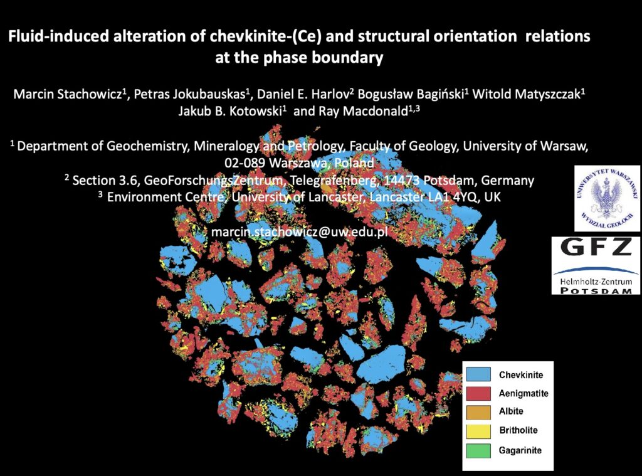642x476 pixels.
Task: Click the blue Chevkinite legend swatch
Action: click(478, 374)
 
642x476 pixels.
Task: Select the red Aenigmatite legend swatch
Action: click(478, 393)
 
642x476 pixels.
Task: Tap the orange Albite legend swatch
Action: click(478, 412)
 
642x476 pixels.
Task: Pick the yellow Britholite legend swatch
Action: click(478, 431)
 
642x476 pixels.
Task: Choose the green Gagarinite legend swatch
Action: click(478, 450)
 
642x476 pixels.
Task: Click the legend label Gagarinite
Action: click(520, 451)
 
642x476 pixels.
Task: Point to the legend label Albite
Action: click(511, 411)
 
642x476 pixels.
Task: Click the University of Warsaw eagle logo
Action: click(607, 198)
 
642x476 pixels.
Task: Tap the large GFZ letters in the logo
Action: click(596, 247)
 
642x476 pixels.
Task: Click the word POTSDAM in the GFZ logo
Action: click(596, 290)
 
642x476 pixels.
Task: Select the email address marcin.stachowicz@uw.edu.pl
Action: click(299, 232)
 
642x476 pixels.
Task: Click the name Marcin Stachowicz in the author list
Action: click(68, 94)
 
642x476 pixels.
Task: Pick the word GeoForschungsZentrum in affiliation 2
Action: click(213, 181)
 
